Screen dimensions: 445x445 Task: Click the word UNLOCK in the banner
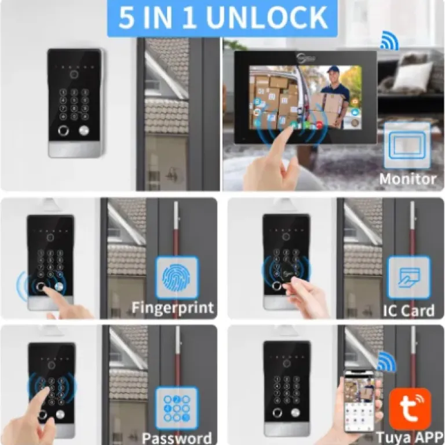tap(267, 17)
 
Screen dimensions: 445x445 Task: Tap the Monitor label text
tap(408, 179)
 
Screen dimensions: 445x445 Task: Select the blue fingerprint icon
tap(177, 278)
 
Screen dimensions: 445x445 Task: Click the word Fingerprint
tap(173, 308)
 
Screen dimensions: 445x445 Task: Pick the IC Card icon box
tap(409, 278)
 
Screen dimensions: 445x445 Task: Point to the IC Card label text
tap(408, 310)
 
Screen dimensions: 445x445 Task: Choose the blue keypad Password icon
tap(177, 408)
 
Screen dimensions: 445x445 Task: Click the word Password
tap(177, 438)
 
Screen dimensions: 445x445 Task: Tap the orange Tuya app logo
tap(410, 409)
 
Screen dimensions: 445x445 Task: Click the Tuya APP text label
tap(409, 438)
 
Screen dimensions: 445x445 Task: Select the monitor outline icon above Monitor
tap(407, 145)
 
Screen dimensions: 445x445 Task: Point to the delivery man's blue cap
tap(333, 69)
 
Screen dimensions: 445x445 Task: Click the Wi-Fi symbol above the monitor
tap(389, 41)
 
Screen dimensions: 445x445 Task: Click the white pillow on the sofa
tap(415, 74)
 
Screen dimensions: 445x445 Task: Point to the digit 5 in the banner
tap(126, 17)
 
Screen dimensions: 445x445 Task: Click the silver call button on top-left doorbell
tap(83, 130)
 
